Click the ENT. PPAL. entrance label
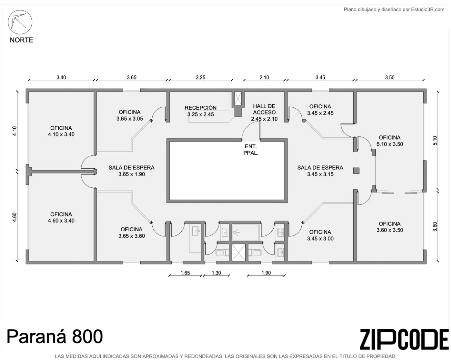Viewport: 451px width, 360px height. pyautogui.click(x=251, y=150)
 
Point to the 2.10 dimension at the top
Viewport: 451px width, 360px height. pyautogui.click(x=264, y=77)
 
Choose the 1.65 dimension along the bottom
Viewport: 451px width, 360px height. pyautogui.click(x=185, y=273)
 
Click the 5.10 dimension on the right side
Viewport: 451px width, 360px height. pyautogui.click(x=435, y=140)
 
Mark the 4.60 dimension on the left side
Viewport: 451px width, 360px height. pyautogui.click(x=14, y=217)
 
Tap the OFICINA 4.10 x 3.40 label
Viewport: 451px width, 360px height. pyautogui.click(x=61, y=131)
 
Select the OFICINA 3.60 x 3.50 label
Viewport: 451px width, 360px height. pyautogui.click(x=390, y=227)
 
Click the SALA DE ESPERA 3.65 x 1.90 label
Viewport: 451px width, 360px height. pyautogui.click(x=131, y=171)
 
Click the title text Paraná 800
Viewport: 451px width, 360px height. pyautogui.click(x=55, y=336)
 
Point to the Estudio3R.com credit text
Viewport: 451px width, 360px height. pyautogui.click(x=394, y=9)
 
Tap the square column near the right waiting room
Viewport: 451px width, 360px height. pyautogui.click(x=356, y=171)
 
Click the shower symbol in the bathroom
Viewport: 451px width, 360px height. pyautogui.click(x=236, y=232)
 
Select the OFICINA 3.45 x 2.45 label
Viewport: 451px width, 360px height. pyautogui.click(x=320, y=110)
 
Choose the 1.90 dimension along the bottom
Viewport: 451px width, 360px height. pyautogui.click(x=266, y=273)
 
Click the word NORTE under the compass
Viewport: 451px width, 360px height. pyautogui.click(x=21, y=40)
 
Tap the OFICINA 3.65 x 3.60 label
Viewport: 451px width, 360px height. pyautogui.click(x=131, y=233)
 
